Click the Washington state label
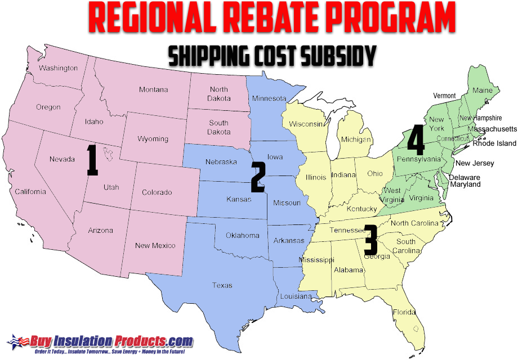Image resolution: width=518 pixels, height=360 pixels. (x=59, y=68)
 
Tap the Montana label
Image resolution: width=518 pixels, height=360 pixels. (x=153, y=89)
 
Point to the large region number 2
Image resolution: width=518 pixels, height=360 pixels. (x=258, y=178)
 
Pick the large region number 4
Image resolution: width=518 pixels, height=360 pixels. (x=416, y=141)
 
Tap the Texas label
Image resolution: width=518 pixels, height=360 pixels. (x=222, y=285)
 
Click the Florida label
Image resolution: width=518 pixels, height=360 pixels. (x=404, y=312)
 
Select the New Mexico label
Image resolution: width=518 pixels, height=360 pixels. (x=155, y=245)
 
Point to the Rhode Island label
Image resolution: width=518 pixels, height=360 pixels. (x=494, y=143)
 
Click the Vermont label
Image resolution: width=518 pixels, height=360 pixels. (x=444, y=96)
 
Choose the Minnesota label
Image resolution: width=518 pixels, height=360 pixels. (x=269, y=99)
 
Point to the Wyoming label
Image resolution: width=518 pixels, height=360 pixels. (x=153, y=139)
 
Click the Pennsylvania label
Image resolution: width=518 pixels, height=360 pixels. (x=419, y=159)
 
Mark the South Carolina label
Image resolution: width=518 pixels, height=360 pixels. (x=405, y=246)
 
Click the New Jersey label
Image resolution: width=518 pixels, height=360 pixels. (x=475, y=163)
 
